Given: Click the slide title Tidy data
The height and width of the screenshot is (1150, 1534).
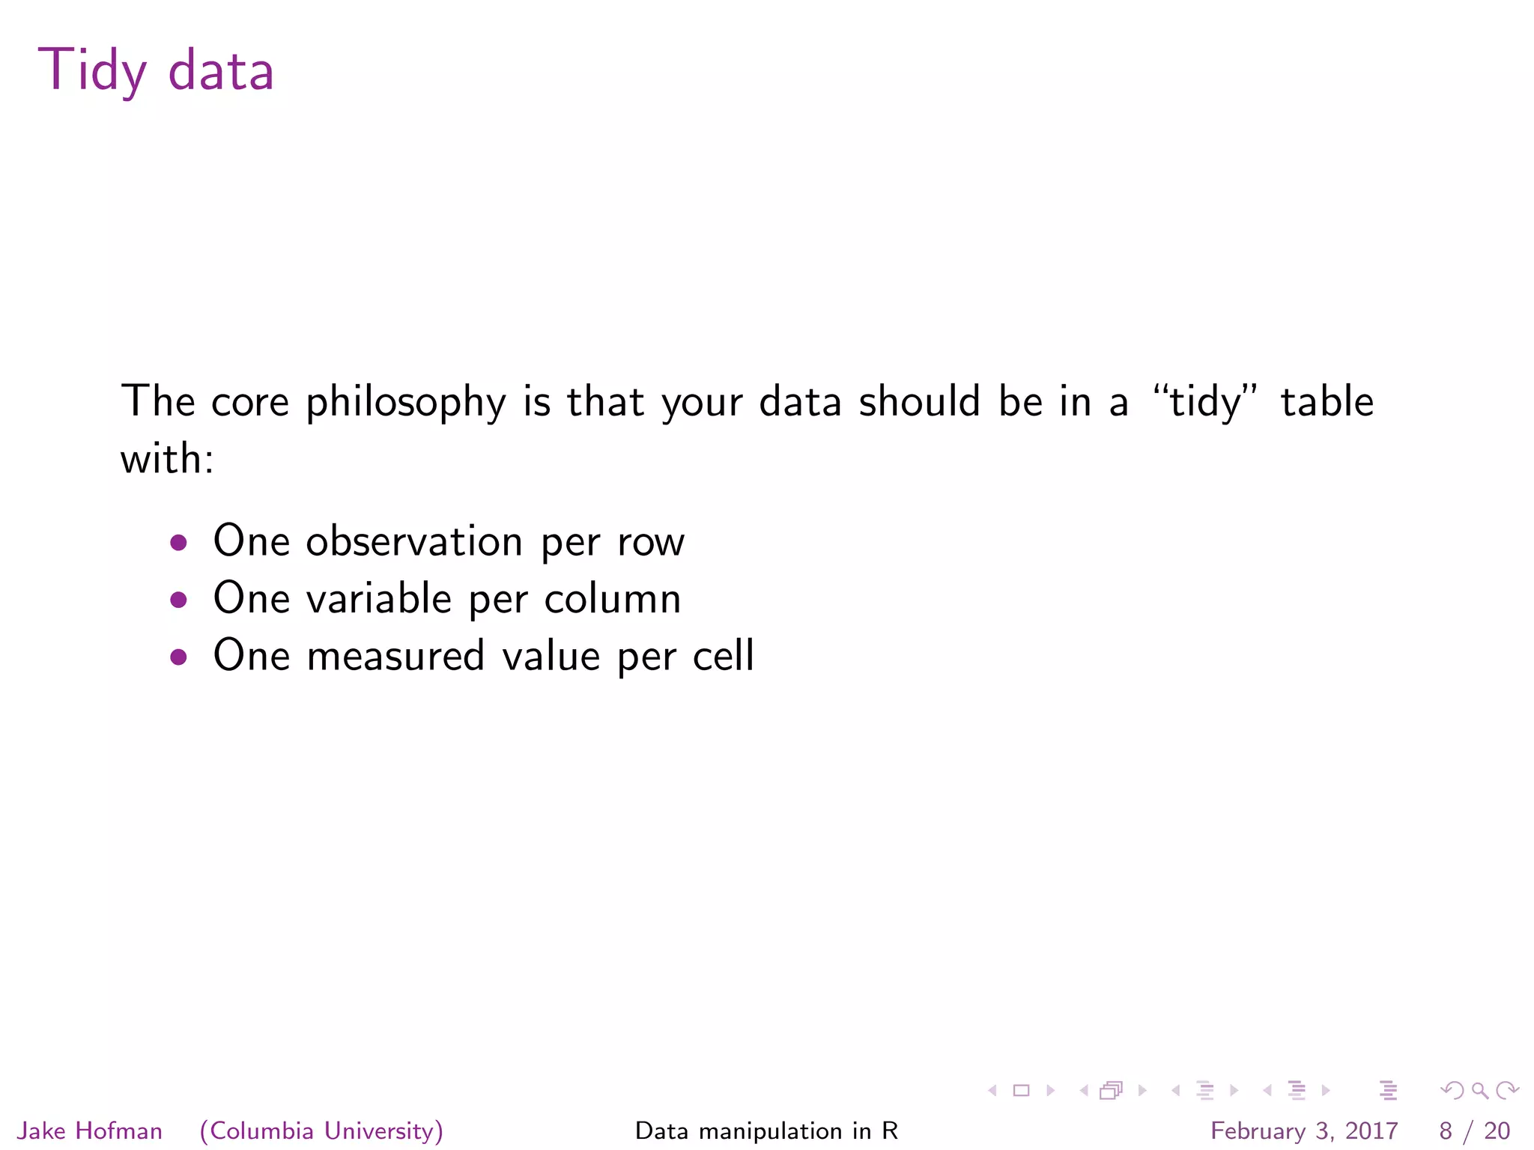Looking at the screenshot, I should pos(156,71).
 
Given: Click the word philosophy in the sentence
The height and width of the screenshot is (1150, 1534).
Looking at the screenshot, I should pos(405,403).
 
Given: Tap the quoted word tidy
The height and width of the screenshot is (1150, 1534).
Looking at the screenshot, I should pos(1205,401).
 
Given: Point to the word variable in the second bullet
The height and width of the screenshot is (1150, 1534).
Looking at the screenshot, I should pos(379,598).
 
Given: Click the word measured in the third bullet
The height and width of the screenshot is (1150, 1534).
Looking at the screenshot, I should pos(395,656).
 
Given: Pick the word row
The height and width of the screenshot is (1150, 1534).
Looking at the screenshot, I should pos(651,542).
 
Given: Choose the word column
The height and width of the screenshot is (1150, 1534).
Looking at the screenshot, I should pos(612,598).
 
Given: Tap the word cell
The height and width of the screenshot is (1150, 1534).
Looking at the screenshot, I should pos(723,656).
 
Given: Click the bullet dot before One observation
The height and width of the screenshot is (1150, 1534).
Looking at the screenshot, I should pos(178,542).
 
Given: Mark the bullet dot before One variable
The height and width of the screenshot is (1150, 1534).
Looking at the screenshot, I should pos(178,599).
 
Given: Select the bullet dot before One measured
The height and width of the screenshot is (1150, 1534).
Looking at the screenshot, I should pos(178,657).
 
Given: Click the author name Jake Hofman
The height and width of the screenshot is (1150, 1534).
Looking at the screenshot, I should pos(90,1131).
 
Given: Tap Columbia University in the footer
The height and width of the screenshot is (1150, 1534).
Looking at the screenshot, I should pos(322,1131).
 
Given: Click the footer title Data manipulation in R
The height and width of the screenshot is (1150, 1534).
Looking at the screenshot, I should pos(766,1131).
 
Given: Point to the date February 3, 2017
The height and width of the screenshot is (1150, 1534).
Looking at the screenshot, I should pos(1304,1131).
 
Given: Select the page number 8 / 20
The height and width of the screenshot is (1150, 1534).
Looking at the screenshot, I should pos(1474,1131).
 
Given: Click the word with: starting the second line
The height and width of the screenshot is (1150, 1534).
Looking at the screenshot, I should pos(167,458).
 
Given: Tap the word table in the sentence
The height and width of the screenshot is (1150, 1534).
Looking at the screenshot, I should pos(1327,401).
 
